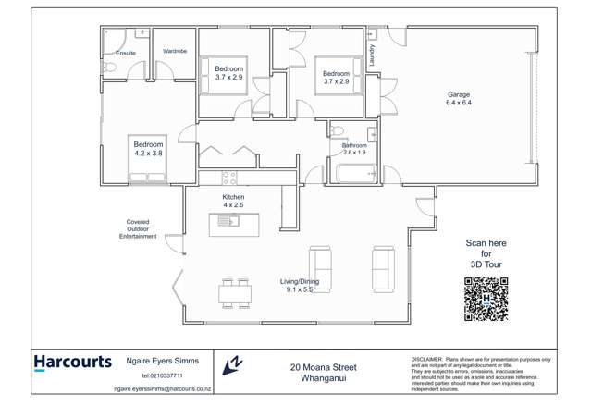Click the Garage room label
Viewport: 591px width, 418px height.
click(460, 94)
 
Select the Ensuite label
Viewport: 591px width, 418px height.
click(125, 53)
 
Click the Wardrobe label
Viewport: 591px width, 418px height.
click(176, 51)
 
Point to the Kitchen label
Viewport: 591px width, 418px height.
click(233, 198)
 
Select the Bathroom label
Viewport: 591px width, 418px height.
click(354, 145)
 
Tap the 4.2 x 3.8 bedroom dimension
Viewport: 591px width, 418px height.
click(148, 154)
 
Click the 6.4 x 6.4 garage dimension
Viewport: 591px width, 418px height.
click(460, 103)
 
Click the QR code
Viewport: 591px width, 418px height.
click(486, 299)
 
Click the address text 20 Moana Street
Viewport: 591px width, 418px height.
click(323, 367)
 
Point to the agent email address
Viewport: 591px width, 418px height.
click(163, 389)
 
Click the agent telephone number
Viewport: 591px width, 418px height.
click(162, 376)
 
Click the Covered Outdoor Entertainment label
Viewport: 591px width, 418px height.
click(138, 228)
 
